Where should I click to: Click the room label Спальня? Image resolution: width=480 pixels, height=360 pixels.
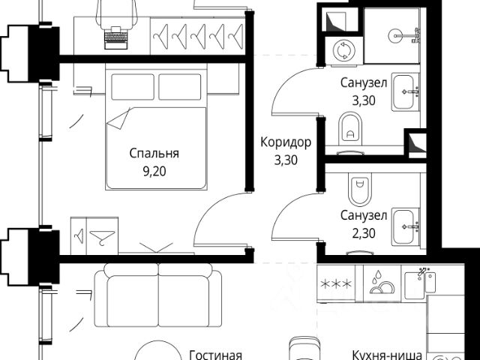coord(154,153)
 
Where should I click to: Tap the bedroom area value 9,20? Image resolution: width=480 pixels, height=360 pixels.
coord(154,172)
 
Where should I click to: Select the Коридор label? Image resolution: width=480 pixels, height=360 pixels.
coord(286,142)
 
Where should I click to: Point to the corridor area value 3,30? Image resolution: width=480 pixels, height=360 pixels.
coord(286,160)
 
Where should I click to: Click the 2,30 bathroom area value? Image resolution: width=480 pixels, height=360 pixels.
coord(364,233)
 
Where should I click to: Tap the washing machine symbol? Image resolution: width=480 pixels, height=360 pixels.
coord(343,50)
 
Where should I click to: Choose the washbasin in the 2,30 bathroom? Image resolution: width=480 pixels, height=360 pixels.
coord(406,226)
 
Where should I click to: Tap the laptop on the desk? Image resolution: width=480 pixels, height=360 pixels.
coord(116,38)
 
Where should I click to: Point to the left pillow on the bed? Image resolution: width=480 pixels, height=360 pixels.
coord(133,87)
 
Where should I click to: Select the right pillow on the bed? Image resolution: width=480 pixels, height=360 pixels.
coord(180,87)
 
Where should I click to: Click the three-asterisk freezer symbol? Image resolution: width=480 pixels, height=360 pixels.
coord(336,284)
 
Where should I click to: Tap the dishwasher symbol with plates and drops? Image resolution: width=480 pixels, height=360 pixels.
coord(382,282)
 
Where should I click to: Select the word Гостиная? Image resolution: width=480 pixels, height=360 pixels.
coord(216,355)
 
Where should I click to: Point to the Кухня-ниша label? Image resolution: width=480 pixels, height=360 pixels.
coord(387,355)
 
